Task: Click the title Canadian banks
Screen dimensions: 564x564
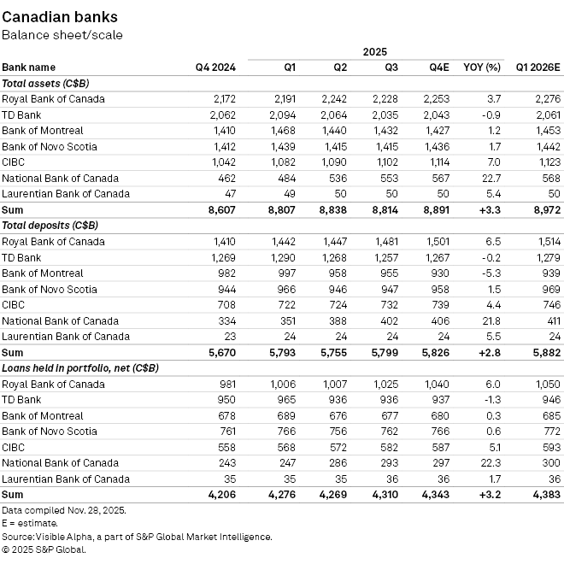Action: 60,17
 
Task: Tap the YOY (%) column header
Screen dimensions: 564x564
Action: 481,68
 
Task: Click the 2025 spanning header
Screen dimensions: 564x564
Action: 375,52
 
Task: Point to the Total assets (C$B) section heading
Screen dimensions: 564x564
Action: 46,83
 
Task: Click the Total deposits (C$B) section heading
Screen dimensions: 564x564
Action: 52,226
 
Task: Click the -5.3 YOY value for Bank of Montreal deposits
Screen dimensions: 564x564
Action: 491,273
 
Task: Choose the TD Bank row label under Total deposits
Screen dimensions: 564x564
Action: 21,257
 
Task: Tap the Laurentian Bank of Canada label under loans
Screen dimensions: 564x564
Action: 65,479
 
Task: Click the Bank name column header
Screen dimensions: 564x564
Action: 29,68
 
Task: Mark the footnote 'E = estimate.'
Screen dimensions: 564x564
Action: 30,523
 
